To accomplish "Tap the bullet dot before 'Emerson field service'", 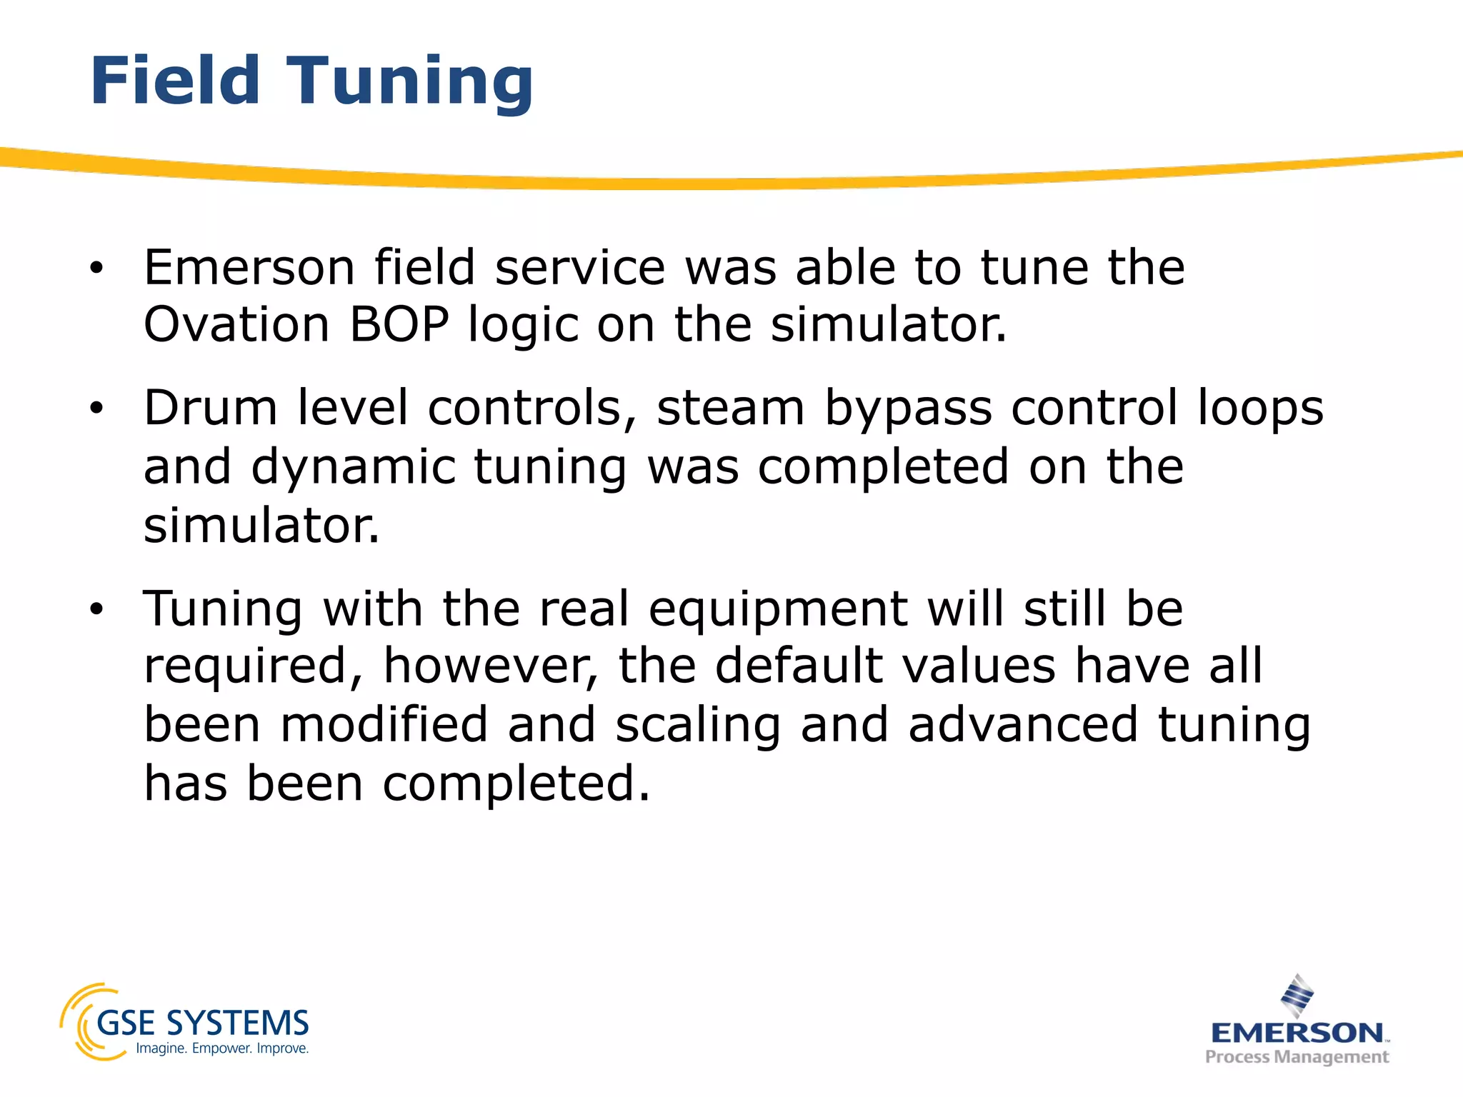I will click(x=96, y=269).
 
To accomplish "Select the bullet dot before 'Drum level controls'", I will click(x=96, y=409).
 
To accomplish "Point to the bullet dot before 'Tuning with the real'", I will click(x=96, y=610).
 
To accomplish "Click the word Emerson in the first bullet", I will click(x=249, y=267).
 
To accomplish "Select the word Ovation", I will click(x=236, y=325).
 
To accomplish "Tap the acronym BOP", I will click(x=399, y=325).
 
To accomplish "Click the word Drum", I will click(x=210, y=408).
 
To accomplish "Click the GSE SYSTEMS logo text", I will click(x=202, y=1023).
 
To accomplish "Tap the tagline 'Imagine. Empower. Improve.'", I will click(x=222, y=1048).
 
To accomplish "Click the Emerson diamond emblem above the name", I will click(x=1297, y=995).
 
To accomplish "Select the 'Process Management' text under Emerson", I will click(x=1297, y=1057).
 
